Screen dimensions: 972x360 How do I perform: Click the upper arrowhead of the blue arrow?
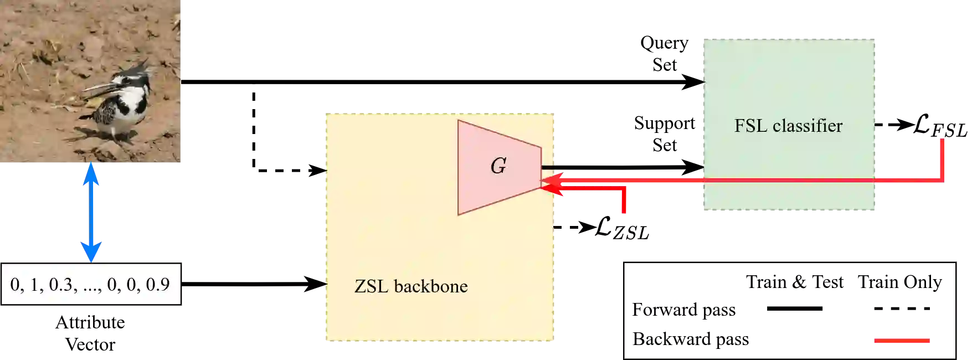pyautogui.click(x=91, y=172)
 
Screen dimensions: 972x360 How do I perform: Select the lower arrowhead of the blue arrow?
pyautogui.click(x=91, y=252)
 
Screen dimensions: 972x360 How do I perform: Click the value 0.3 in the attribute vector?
pyautogui.click(x=60, y=284)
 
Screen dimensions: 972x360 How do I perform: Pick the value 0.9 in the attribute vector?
pyautogui.click(x=157, y=284)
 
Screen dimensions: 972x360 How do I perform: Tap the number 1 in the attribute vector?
pyautogui.click(x=34, y=284)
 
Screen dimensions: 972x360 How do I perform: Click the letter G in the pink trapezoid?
pyautogui.click(x=498, y=166)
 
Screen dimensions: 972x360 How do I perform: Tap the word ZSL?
pyautogui.click(x=371, y=286)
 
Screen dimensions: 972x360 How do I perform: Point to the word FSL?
pyautogui.click(x=751, y=126)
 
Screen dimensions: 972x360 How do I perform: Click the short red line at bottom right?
pyautogui.click(x=902, y=341)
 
